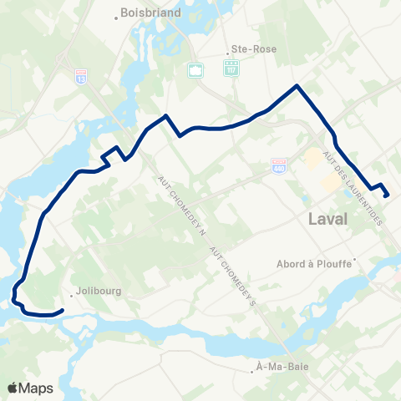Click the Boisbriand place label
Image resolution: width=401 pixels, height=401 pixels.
(x=145, y=13)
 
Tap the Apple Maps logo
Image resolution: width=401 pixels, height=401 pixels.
(x=30, y=388)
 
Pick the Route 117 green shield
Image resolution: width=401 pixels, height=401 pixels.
(x=230, y=69)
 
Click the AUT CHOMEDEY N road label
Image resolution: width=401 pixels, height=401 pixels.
(x=182, y=205)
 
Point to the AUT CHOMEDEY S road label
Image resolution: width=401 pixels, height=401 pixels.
(x=231, y=277)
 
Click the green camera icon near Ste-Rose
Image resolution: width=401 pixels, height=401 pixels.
(x=195, y=70)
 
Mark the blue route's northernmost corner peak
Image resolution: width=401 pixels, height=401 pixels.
(x=297, y=85)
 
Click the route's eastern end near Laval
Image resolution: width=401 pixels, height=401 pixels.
(x=387, y=196)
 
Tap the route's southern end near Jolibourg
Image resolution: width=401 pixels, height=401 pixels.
(x=63, y=312)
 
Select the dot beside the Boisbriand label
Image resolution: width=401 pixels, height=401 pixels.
(x=115, y=13)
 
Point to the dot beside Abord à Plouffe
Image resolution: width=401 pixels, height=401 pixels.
(x=355, y=259)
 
